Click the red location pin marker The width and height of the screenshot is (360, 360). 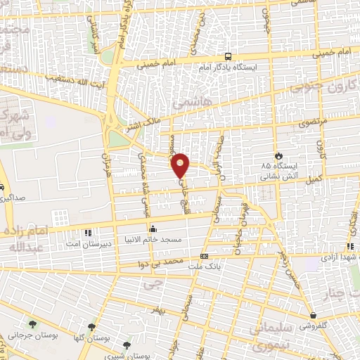pos(181,165)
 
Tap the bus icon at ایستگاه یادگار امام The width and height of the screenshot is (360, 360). pos(227,56)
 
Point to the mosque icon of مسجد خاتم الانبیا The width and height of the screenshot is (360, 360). pos(153,229)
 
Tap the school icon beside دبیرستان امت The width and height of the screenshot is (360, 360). pos(88,232)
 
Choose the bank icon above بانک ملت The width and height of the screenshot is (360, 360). pos(205,256)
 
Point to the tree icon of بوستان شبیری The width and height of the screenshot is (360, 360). pos(127,345)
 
